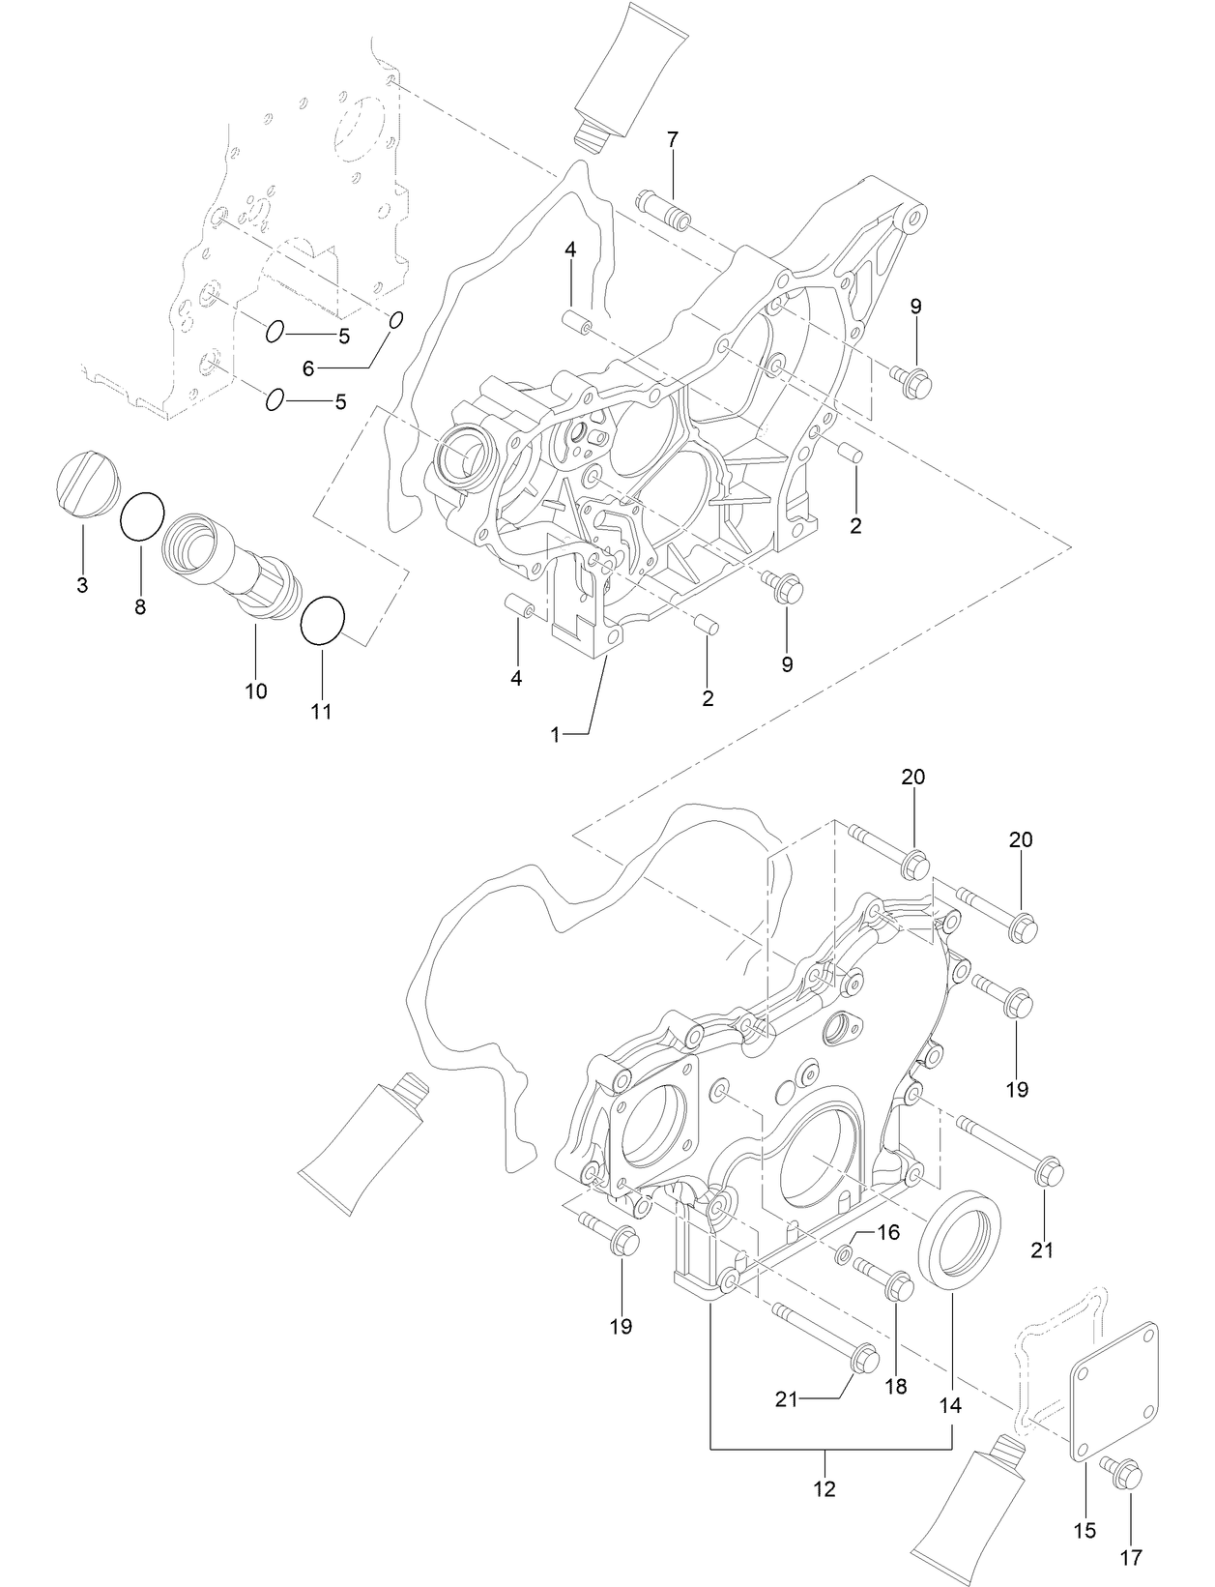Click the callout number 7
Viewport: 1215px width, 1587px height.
coord(672,139)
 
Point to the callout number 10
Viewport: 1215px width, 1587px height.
coord(256,691)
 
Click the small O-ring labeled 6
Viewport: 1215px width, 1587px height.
coord(395,320)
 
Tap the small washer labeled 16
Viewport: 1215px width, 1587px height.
coord(843,1255)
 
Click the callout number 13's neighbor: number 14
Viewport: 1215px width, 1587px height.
coord(951,1405)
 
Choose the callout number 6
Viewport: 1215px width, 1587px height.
coord(309,368)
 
